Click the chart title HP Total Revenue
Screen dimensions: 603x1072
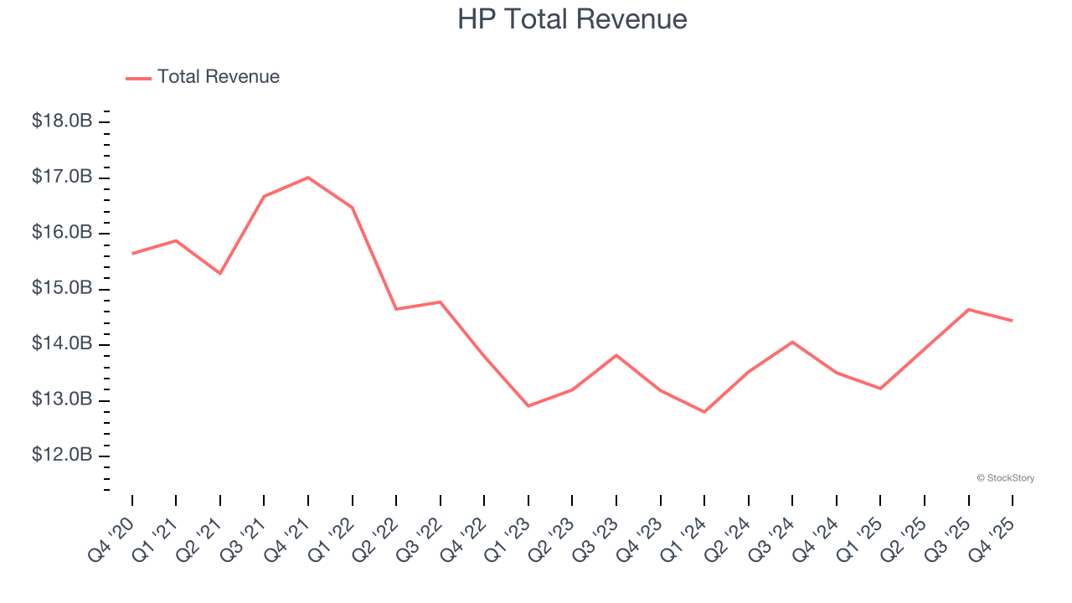[x=572, y=19]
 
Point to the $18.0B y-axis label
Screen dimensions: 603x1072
[x=62, y=121]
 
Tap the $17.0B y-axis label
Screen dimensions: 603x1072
[x=62, y=178]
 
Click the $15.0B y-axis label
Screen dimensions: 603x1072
[x=62, y=289]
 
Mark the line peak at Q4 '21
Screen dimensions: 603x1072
[x=308, y=178]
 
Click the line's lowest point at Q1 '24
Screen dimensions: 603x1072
[x=704, y=412]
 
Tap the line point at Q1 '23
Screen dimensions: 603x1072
[x=528, y=406]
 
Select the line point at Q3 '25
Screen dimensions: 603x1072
[x=969, y=310]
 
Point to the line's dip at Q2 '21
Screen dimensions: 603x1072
[x=220, y=274]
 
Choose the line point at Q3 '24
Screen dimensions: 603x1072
[x=792, y=342]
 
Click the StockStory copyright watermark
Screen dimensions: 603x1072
[x=1005, y=478]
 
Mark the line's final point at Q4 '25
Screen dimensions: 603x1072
[x=1013, y=321]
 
